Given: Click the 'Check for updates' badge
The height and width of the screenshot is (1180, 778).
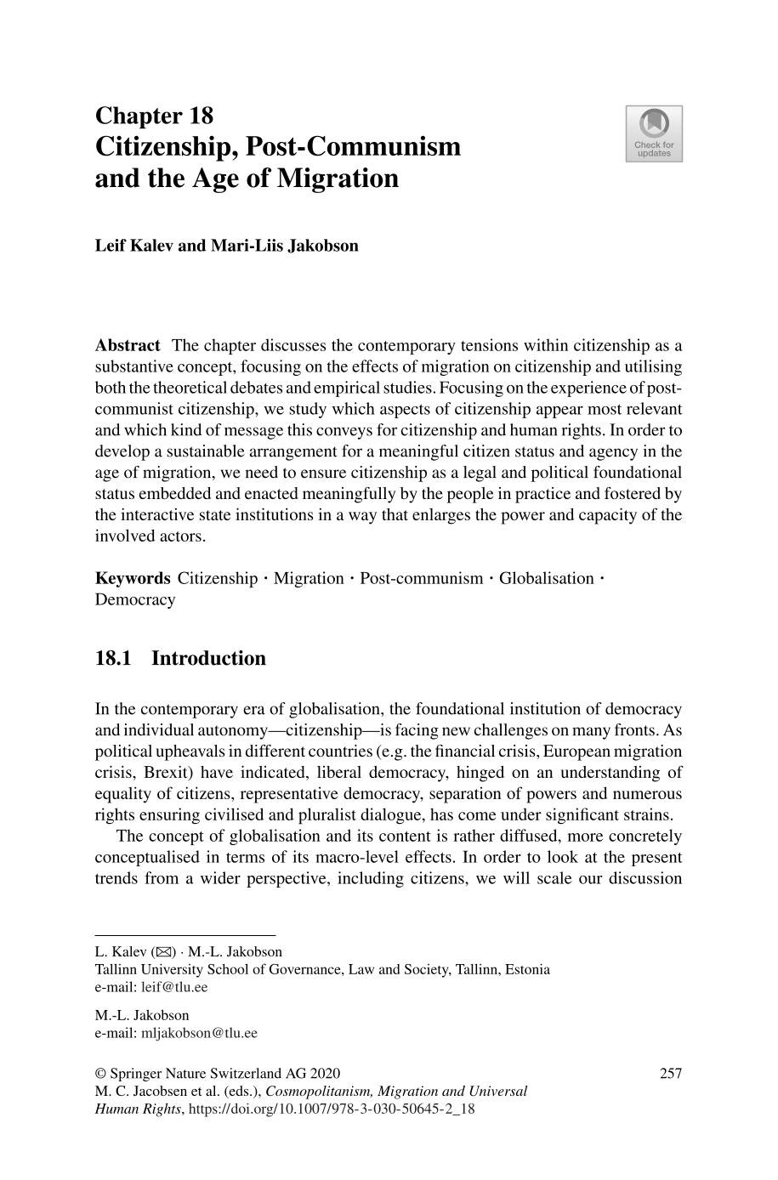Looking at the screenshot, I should [654, 133].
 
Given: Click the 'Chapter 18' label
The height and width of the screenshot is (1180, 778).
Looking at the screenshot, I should [154, 116].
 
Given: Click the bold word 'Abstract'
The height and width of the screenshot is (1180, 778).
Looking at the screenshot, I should [128, 345].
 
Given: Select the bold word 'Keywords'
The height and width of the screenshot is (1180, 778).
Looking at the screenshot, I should [133, 579].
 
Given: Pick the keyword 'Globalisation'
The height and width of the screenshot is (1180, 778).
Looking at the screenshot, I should [546, 579].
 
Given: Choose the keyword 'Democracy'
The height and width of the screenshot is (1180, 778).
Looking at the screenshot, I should [135, 600].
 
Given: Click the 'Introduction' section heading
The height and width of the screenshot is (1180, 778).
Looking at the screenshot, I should [208, 659].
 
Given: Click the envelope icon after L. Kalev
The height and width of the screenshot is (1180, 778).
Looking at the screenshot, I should [162, 952].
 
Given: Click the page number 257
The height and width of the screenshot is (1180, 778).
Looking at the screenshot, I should [671, 1074].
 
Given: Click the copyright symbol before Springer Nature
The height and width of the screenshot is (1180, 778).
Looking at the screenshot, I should [100, 1074].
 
